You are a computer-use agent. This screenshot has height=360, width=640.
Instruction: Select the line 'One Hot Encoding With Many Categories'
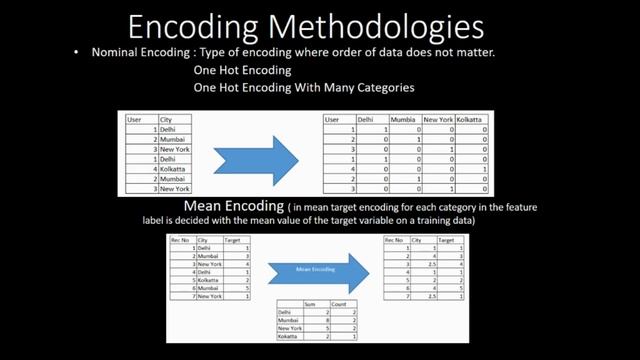click(304, 88)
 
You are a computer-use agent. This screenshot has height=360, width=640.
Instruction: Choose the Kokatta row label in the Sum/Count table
click(288, 337)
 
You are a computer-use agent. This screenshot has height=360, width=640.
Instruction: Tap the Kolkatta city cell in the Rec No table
click(209, 281)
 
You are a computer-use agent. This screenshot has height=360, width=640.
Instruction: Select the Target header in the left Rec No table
click(233, 240)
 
